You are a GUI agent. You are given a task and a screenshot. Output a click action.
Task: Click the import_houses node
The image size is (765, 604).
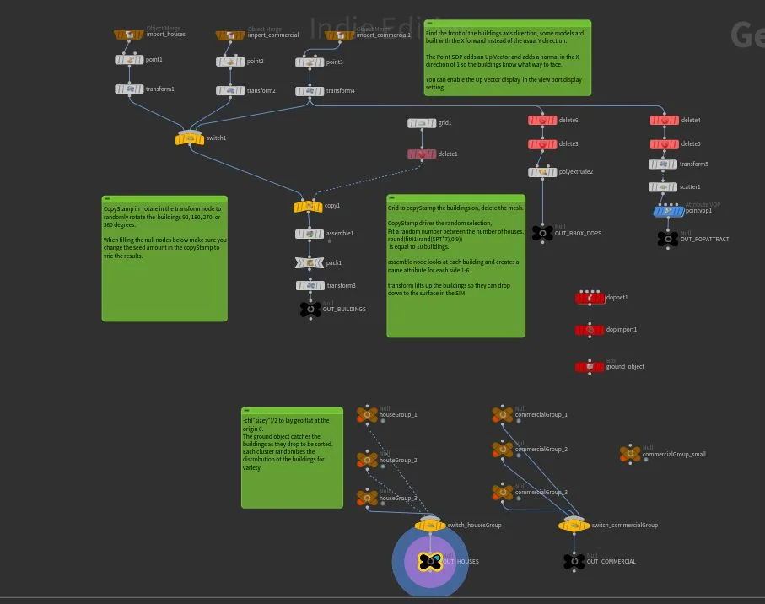130,35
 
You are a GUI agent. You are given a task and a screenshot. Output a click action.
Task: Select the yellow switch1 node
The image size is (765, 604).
190,138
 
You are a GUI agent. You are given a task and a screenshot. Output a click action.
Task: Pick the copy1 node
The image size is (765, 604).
308,206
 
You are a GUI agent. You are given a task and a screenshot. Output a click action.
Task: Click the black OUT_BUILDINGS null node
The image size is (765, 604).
310,310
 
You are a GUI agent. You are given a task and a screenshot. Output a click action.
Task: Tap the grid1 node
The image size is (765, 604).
422,123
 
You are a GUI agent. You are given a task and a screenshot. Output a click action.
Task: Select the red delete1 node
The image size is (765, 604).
422,154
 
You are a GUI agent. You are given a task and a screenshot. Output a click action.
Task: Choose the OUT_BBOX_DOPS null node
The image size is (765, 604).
542,233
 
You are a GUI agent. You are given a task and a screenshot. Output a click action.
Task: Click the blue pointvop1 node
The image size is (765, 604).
669,211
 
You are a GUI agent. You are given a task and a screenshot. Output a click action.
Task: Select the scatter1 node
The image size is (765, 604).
663,187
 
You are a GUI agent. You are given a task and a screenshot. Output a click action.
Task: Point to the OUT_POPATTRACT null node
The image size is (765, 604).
668,240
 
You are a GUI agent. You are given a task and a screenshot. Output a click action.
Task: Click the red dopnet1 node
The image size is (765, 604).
590,298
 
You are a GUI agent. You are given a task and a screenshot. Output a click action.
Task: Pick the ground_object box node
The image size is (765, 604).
590,367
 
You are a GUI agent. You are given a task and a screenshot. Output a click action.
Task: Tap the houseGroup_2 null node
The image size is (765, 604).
368,461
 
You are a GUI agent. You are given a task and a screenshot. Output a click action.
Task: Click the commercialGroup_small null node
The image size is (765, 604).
630,454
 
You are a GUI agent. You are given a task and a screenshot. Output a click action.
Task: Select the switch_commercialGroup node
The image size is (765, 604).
574,526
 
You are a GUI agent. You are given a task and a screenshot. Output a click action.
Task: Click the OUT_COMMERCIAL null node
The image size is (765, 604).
574,561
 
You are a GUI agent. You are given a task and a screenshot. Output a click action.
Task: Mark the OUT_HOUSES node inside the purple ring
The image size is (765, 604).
430,561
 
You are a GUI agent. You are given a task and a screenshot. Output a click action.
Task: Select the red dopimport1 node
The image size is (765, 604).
590,330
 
